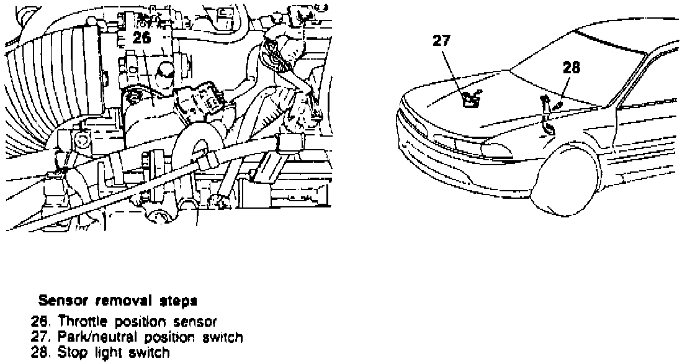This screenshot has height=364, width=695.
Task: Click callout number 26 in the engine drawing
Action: pyautogui.click(x=141, y=37)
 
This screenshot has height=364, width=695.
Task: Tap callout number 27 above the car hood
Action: pyautogui.click(x=442, y=41)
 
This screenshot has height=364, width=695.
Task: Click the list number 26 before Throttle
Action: pyautogui.click(x=38, y=322)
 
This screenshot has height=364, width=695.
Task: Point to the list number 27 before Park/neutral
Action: pyautogui.click(x=38, y=337)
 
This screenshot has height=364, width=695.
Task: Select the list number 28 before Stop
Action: pyautogui.click(x=38, y=353)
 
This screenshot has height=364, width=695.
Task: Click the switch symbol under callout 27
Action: pyautogui.click(x=470, y=99)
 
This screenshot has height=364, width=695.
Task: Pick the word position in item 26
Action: pyautogui.click(x=145, y=322)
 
